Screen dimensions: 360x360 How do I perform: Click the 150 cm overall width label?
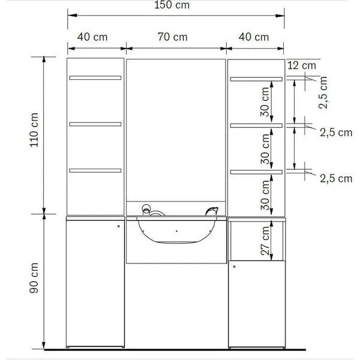pos(172,5)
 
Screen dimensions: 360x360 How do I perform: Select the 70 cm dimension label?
pos(173,37)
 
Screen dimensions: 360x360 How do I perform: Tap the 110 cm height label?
pos(34,130)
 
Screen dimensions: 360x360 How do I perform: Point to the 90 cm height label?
pos(34,278)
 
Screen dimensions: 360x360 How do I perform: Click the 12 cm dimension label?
pos(302,65)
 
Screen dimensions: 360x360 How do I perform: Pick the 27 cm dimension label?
pos(265,241)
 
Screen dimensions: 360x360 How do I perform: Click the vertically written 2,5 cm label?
pos(323,92)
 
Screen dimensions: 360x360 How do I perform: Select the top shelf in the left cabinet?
pos(95,78)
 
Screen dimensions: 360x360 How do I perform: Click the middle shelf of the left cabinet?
pos(95,124)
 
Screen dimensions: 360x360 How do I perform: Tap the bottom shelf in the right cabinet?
pos(256,172)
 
